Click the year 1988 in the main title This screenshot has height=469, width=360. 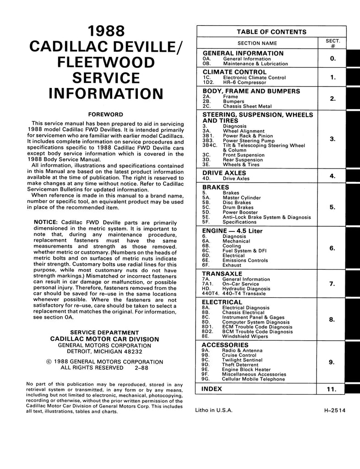pos(106,32)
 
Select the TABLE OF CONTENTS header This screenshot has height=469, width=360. pos(272,32)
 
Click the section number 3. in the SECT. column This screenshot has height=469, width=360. pos(333,138)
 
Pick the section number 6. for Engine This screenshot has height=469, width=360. pos(333,248)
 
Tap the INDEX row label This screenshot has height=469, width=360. pos(212,389)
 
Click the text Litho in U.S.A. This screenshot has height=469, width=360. pos(214,411)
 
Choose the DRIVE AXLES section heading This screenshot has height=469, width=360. pos(224,173)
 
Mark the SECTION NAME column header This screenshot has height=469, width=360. pos(257,43)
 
